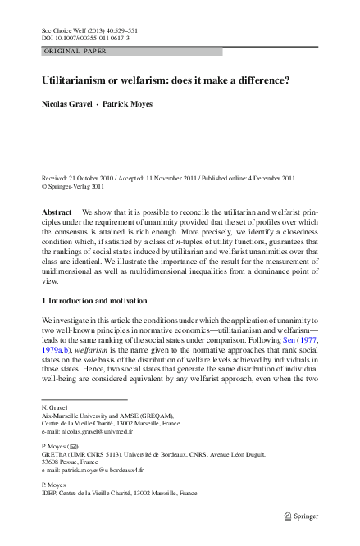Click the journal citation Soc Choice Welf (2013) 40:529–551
(x=91, y=29)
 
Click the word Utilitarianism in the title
(x=81, y=81)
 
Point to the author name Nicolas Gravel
(x=69, y=105)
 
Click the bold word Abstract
(x=58, y=212)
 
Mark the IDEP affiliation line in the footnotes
(x=119, y=494)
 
